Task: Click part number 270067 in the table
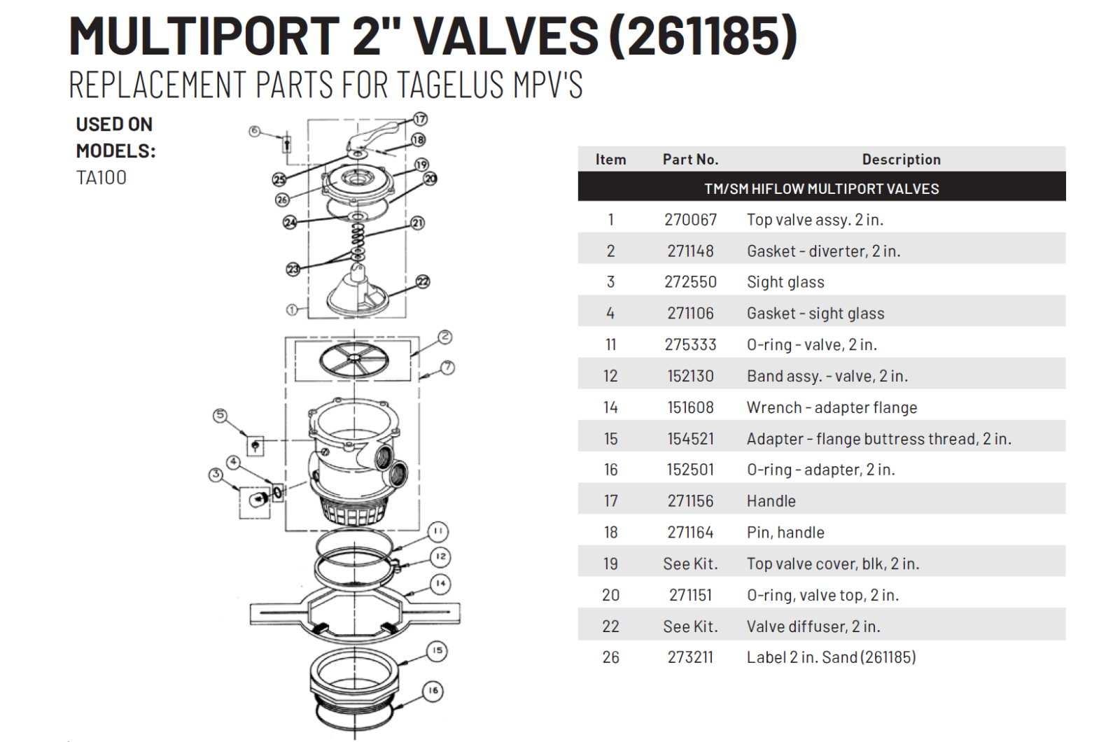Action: tap(690, 220)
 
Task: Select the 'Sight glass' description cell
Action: tap(785, 282)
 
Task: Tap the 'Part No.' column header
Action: tap(690, 160)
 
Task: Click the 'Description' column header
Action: tap(901, 160)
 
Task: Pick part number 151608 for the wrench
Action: tap(690, 407)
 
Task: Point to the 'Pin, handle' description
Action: tap(785, 533)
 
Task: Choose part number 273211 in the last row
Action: tap(690, 657)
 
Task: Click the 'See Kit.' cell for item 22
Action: tap(690, 626)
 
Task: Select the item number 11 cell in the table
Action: tap(610, 345)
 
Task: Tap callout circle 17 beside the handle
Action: tap(420, 119)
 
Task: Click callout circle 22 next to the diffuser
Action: tap(423, 281)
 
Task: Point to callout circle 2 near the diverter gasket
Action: tap(445, 337)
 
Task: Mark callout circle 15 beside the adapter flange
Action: tap(437, 650)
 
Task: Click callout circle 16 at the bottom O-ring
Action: tap(433, 691)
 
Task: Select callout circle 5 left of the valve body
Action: tap(220, 416)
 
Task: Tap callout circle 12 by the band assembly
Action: tap(440, 556)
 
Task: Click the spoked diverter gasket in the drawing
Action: tap(354, 360)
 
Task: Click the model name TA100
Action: tap(101, 178)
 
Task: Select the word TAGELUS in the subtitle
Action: tap(451, 85)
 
